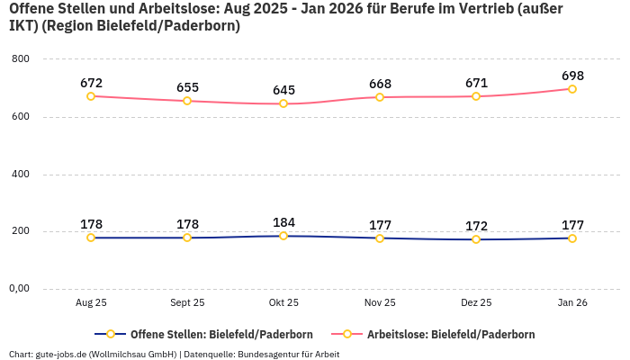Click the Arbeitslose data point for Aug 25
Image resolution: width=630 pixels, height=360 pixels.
pos(91,95)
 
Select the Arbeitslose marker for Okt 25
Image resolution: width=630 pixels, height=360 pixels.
pos(283,103)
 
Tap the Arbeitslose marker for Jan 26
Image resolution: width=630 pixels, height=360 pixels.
pos(572,89)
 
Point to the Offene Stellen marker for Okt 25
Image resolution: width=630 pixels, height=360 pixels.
pos(283,236)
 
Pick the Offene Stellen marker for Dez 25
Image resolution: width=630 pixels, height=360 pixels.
pos(476,239)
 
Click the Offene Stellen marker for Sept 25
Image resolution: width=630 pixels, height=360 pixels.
pos(187,238)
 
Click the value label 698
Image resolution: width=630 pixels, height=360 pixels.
pos(572,75)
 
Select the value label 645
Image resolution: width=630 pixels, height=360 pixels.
pos(283,90)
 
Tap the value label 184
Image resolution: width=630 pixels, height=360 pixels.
pos(283,222)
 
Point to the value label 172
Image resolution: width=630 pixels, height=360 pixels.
pos(476,226)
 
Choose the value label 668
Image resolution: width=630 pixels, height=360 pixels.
pos(380,84)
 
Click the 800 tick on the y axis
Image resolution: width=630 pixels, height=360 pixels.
pos(21,59)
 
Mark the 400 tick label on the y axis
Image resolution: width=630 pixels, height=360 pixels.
pos(21,174)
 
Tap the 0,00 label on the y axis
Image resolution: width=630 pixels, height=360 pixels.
pos(19,289)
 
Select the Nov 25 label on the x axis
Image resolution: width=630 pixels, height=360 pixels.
pos(380,303)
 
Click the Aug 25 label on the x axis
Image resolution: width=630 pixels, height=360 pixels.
pos(91,303)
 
